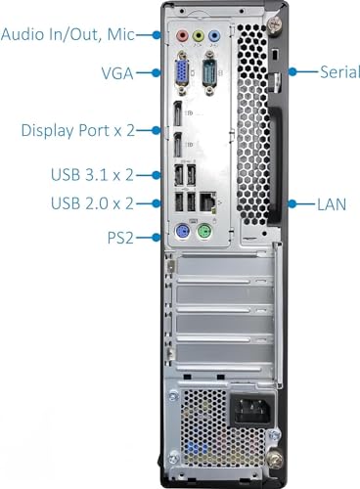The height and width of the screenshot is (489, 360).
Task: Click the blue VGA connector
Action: [182, 72]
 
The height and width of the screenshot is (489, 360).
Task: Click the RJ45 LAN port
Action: [205, 200]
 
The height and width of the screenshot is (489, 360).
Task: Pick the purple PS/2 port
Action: [181, 235]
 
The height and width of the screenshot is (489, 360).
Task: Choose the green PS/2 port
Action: [205, 235]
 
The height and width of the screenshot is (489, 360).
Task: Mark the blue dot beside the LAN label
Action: [293, 204]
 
